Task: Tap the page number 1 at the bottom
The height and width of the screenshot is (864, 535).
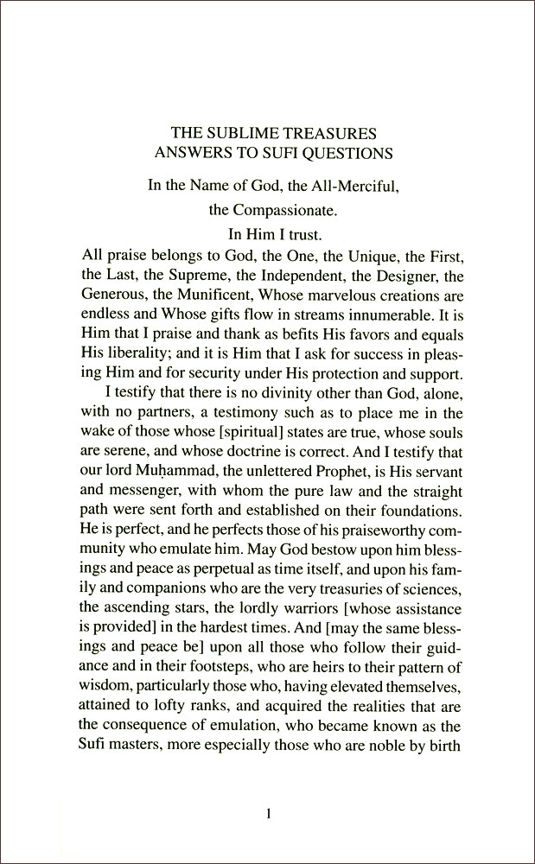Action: coord(271,813)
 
